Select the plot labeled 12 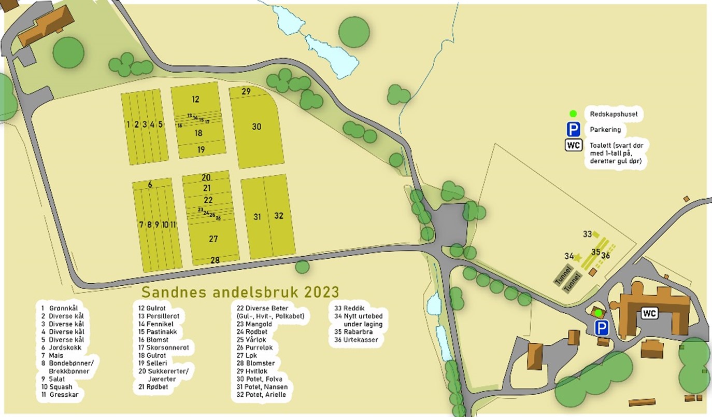[x=195, y=99]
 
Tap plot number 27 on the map [x=213, y=239]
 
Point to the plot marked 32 [x=279, y=216]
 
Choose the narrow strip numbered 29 [x=246, y=92]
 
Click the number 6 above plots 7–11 [x=150, y=185]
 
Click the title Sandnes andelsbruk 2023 [x=240, y=291]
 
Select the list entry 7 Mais [x=52, y=355]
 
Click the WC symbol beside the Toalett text [x=573, y=145]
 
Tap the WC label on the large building [x=650, y=313]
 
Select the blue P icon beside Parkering [x=573, y=129]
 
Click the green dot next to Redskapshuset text [x=573, y=114]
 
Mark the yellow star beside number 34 [x=577, y=257]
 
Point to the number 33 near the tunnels [x=587, y=234]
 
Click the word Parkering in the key [x=605, y=129]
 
